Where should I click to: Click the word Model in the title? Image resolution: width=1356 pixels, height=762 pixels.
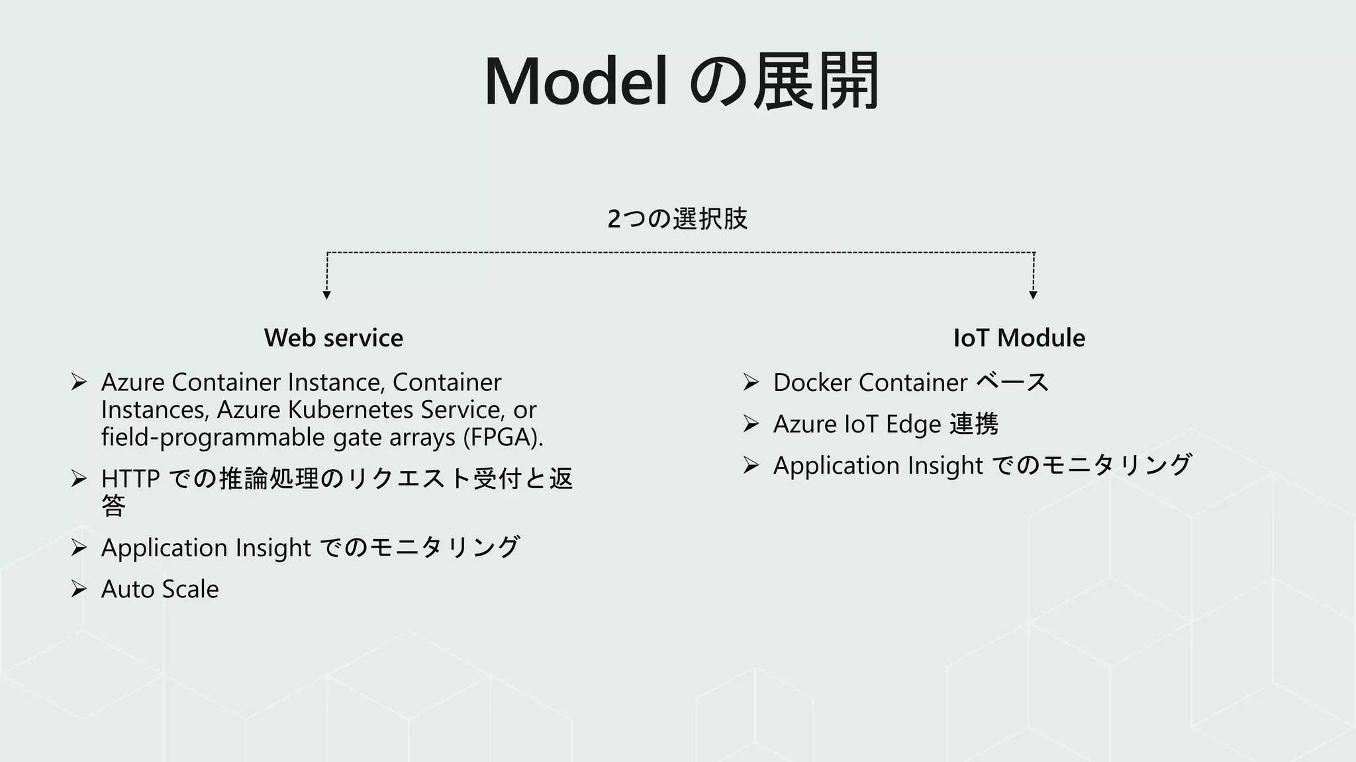coord(575,82)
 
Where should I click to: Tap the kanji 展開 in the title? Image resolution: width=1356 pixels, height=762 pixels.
coord(816,82)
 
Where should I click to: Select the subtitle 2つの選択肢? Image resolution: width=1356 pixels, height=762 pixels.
coord(677,218)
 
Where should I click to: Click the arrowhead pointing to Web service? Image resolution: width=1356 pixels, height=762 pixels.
coord(326,295)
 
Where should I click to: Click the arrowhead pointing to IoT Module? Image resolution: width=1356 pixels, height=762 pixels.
coord(1033,295)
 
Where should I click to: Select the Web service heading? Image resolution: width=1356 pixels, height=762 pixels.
coord(333,338)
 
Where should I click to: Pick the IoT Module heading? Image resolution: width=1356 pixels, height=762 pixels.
coord(1019,338)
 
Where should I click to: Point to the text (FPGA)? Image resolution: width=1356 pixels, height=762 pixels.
coord(503,437)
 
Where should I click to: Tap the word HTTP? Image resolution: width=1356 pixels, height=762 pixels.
coord(130,478)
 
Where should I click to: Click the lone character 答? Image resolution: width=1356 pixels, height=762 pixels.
coord(113,506)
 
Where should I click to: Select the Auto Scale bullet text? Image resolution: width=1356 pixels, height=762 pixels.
coord(160,589)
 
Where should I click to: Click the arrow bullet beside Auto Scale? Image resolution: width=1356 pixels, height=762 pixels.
coord(79,589)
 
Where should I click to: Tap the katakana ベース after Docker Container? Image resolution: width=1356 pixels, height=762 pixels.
coord(1012,382)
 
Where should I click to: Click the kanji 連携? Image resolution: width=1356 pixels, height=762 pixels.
coord(973,424)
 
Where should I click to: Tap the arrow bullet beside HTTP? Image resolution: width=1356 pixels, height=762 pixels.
coord(79,478)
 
